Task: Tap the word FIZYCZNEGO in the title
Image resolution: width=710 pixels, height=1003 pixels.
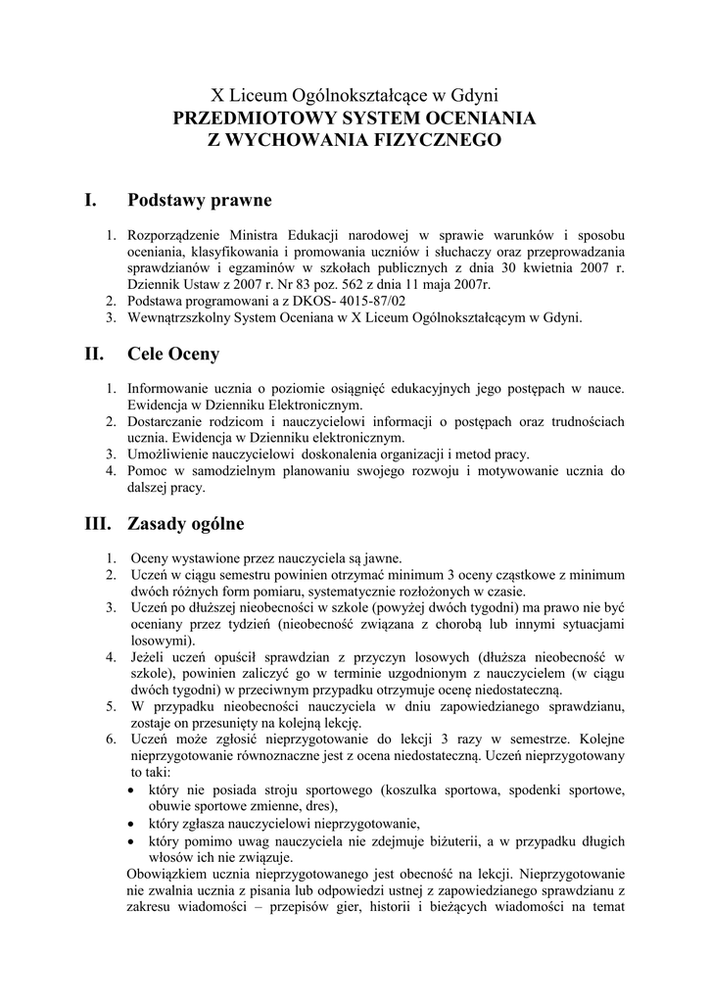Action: tap(440, 139)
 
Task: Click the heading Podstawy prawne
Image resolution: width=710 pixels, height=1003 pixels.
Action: tap(200, 200)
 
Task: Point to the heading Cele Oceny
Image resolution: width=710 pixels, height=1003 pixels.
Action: tap(173, 353)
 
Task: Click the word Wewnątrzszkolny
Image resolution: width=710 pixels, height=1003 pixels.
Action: tap(180, 317)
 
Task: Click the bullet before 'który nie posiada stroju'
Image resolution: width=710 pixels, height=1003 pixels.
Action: tap(133, 789)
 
